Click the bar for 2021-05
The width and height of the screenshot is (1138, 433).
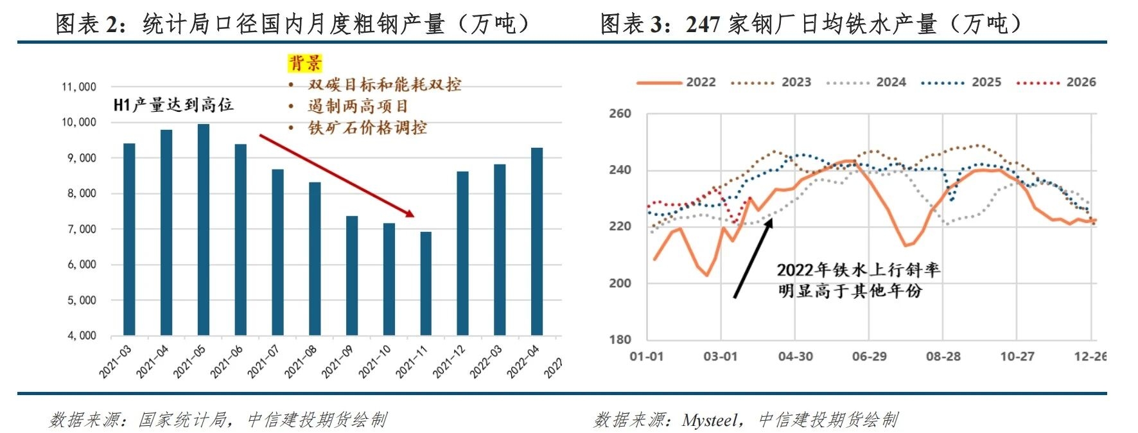point(203,229)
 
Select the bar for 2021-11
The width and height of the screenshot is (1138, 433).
point(426,283)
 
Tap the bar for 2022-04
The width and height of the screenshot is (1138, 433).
point(537,242)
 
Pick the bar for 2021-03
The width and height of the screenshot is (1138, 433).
point(129,239)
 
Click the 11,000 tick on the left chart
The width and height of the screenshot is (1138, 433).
point(79,87)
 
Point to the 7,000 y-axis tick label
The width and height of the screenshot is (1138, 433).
point(82,229)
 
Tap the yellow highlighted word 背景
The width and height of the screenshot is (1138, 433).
point(304,63)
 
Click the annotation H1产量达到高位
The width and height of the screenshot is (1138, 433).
point(173,105)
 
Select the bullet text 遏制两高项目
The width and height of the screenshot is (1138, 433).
point(357,106)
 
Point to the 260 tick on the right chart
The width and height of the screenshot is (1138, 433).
point(620,114)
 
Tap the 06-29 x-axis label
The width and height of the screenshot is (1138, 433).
point(869,357)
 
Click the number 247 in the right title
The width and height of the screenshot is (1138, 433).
point(703,24)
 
